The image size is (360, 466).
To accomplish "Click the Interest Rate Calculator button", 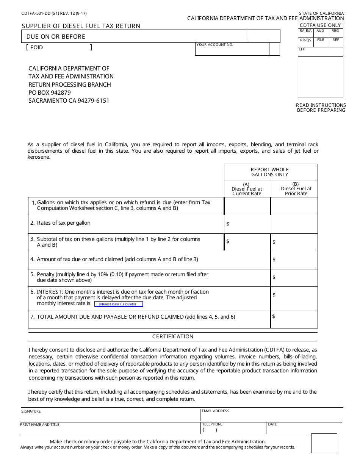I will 118,304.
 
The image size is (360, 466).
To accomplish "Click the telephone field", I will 233,430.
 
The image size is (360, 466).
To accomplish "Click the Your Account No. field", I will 232,50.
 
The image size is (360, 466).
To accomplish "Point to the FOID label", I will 36,48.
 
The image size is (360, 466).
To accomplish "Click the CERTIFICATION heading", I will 173,336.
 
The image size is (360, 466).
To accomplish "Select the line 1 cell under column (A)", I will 247,206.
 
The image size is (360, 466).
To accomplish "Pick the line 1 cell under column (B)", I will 294,206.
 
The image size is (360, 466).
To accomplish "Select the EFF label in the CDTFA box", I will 302,49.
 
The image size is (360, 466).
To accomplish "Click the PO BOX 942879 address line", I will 50,92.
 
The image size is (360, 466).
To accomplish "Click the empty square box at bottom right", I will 324,443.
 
